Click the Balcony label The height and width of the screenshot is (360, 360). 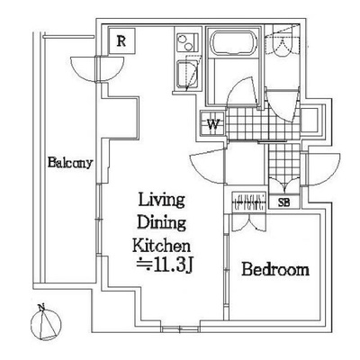pos(70,163)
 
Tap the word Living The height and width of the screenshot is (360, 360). pos(161,200)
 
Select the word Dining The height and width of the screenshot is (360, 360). pos(161,223)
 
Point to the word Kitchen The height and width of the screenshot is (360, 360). pos(161,246)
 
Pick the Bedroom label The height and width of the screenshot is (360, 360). pos(275,269)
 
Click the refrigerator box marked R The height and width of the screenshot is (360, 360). pos(121,40)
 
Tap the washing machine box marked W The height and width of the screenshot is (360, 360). pos(212,123)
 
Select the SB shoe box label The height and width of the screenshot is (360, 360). pos(283,202)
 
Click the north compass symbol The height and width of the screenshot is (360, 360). pos(46,325)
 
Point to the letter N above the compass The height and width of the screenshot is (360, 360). pos(41,307)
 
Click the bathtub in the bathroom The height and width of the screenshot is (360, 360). pos(235,42)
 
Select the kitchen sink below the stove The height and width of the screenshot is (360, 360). pos(188,74)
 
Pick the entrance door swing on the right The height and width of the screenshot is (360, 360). pos(323,169)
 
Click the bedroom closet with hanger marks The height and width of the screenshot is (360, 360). pos(249,202)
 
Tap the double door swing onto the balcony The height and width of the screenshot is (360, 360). pos(97,68)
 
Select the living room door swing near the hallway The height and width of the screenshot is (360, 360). pos(208,166)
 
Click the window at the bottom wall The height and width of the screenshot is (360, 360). pos(180,330)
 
